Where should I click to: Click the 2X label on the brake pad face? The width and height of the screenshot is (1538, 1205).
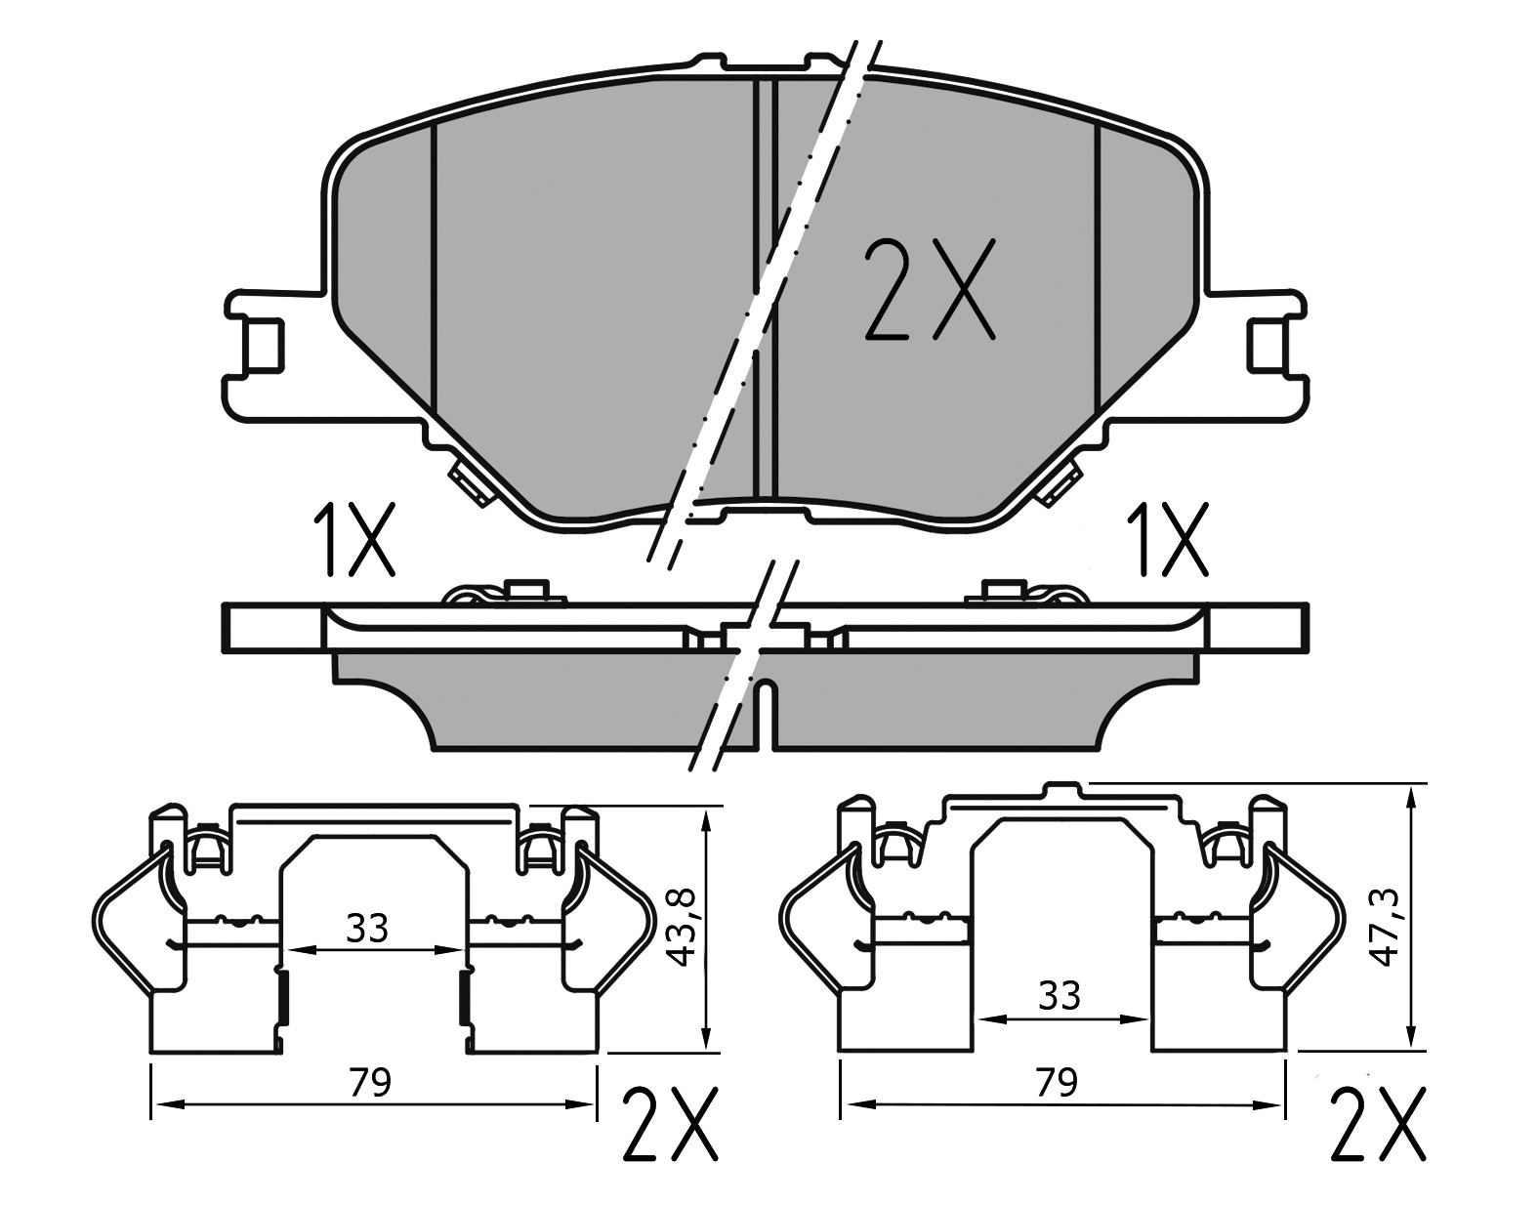click(x=930, y=289)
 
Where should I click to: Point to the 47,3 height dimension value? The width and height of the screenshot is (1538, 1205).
click(x=1386, y=928)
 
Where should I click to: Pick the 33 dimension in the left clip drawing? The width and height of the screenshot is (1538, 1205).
click(x=367, y=929)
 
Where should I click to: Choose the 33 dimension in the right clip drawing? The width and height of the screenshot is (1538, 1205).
click(x=1059, y=996)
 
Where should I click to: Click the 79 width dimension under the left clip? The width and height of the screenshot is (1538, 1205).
click(x=369, y=1083)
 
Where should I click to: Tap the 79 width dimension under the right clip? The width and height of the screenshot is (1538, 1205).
click(x=1057, y=1082)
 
